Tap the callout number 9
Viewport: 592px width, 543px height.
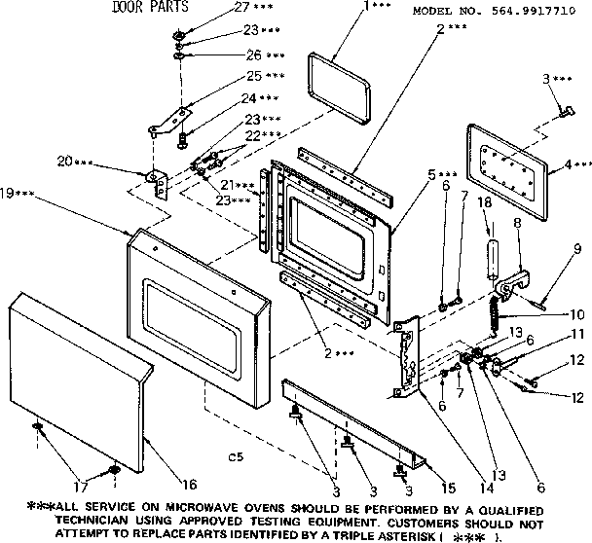pos(576,248)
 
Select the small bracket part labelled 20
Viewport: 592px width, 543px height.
pos(157,179)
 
